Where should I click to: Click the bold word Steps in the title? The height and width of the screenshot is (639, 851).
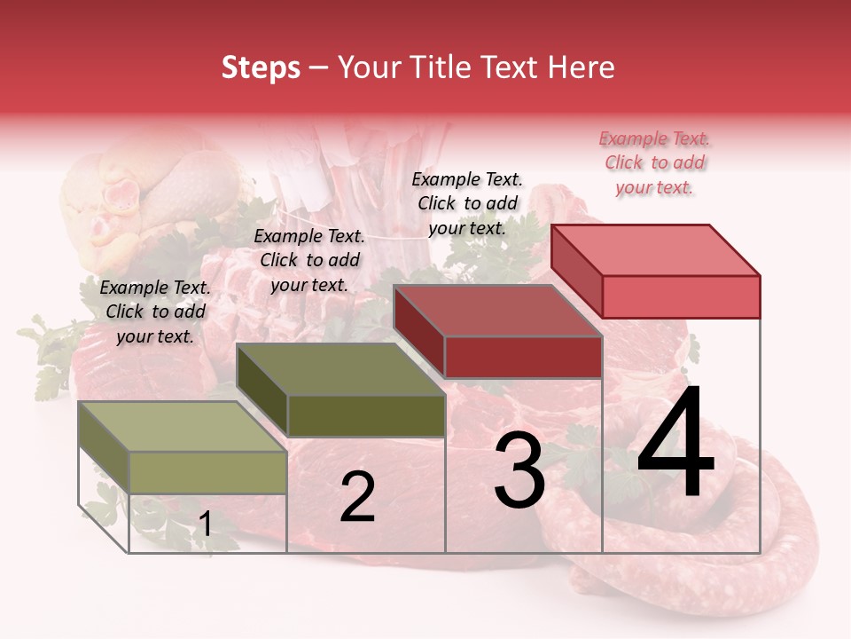(x=261, y=67)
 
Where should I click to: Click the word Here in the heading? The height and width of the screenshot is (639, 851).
(x=581, y=67)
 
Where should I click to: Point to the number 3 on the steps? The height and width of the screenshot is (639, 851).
(x=519, y=470)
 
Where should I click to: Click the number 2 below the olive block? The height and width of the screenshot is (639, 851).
(x=357, y=497)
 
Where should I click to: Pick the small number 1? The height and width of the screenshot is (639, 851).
(x=205, y=525)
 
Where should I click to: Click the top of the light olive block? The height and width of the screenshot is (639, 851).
(x=183, y=427)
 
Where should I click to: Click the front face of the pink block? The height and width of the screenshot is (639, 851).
(x=681, y=296)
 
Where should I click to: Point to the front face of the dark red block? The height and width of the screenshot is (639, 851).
(x=523, y=358)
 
